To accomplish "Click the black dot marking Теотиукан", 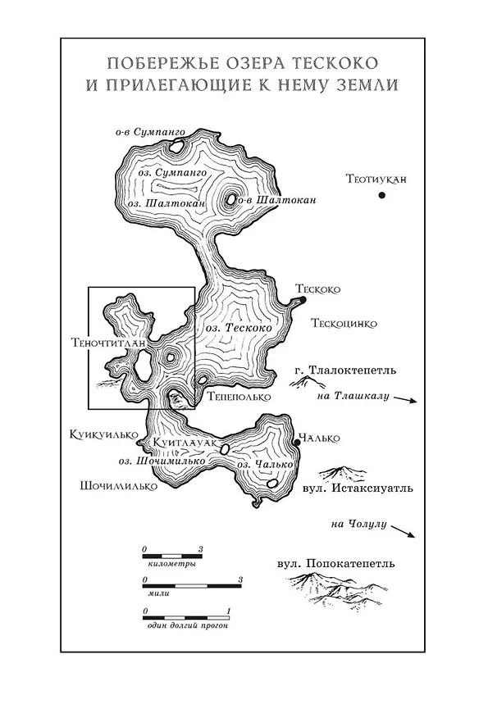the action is pos(381,195).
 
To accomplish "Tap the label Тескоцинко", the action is pos(344,324).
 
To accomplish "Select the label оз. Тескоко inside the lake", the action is pos(239,329).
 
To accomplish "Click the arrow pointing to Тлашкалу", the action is pos(405,400).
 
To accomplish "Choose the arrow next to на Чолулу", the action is pos(404,532).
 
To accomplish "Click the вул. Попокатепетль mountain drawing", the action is pos(336,590).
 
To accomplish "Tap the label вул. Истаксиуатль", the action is pos(358,489).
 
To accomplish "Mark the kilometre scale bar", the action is pos(172,557).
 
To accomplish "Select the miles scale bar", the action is pos(192,586).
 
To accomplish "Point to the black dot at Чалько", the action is pos(297,443).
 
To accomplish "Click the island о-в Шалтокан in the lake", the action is pos(231,199).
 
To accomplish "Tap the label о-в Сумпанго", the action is pos(150,133).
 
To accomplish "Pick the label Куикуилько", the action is pos(103,434).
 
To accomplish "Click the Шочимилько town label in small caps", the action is pos(118,486).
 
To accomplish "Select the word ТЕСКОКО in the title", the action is pos(335,63).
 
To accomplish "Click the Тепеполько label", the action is pos(239,397).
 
